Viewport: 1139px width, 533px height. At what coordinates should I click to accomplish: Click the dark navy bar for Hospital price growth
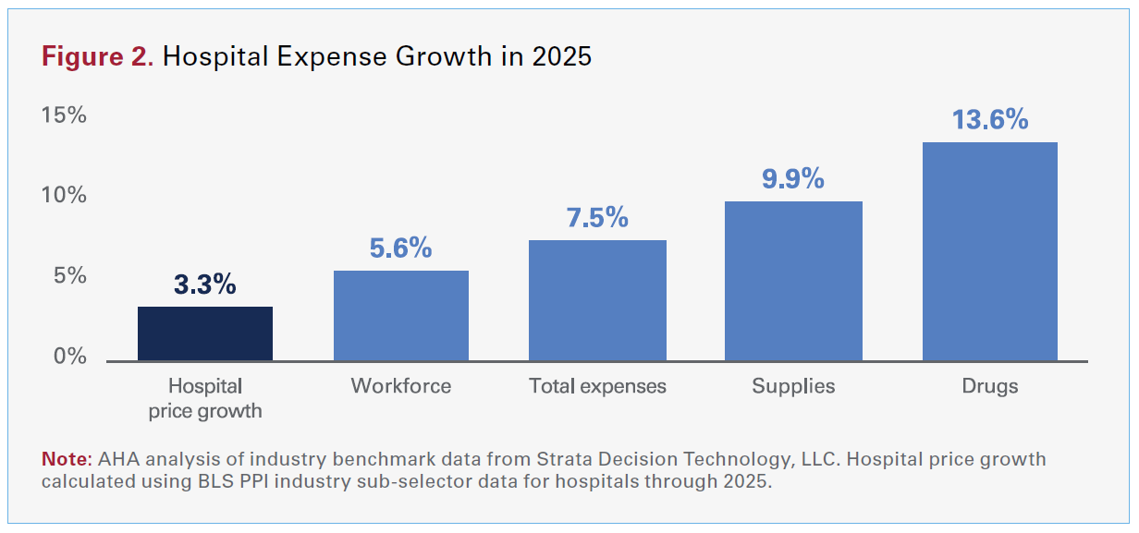point(205,333)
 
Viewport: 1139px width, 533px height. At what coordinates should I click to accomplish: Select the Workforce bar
point(401,316)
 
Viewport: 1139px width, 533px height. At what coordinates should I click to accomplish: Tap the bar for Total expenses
point(597,300)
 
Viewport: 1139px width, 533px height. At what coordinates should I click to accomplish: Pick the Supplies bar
point(793,281)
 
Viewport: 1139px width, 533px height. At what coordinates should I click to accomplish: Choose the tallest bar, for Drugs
point(989,251)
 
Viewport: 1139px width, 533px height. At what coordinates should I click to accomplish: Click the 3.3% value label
point(205,285)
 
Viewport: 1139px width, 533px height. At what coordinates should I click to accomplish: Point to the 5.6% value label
point(400,248)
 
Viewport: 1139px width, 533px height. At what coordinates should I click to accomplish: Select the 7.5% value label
point(597,218)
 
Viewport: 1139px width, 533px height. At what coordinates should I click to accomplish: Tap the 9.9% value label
point(793,178)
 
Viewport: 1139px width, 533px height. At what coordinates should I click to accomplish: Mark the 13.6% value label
point(989,120)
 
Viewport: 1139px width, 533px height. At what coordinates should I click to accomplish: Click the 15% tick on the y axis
point(63,115)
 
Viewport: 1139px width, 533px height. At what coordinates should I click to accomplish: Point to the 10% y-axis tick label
point(63,196)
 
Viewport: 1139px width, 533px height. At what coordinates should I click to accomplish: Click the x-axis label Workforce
point(401,386)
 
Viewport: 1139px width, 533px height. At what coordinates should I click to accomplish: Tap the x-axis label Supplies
point(793,386)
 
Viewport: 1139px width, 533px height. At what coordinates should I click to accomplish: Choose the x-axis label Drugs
point(989,386)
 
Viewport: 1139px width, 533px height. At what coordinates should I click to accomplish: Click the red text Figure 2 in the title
point(97,56)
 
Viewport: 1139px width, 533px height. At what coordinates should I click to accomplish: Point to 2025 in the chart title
point(561,56)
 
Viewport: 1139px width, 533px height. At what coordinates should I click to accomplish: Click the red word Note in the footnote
point(63,459)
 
